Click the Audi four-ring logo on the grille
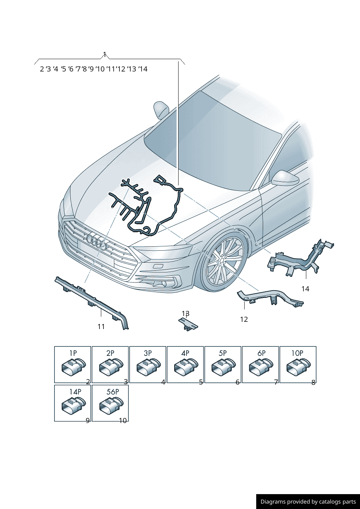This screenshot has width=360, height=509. [97, 242]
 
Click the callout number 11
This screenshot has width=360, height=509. [101, 327]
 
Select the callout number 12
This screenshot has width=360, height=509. [244, 319]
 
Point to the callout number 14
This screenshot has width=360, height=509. [305, 289]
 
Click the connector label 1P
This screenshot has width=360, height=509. [73, 353]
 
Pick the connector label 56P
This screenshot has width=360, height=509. [113, 392]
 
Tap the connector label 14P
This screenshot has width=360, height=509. [75, 392]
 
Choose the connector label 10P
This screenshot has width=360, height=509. [297, 353]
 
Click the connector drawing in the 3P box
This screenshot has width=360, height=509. [149, 367]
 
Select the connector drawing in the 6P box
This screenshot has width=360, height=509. [261, 367]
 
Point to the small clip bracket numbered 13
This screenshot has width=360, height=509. [188, 324]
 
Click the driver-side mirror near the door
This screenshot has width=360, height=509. [285, 178]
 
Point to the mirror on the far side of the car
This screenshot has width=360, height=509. [161, 110]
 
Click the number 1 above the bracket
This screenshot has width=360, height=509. [105, 54]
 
